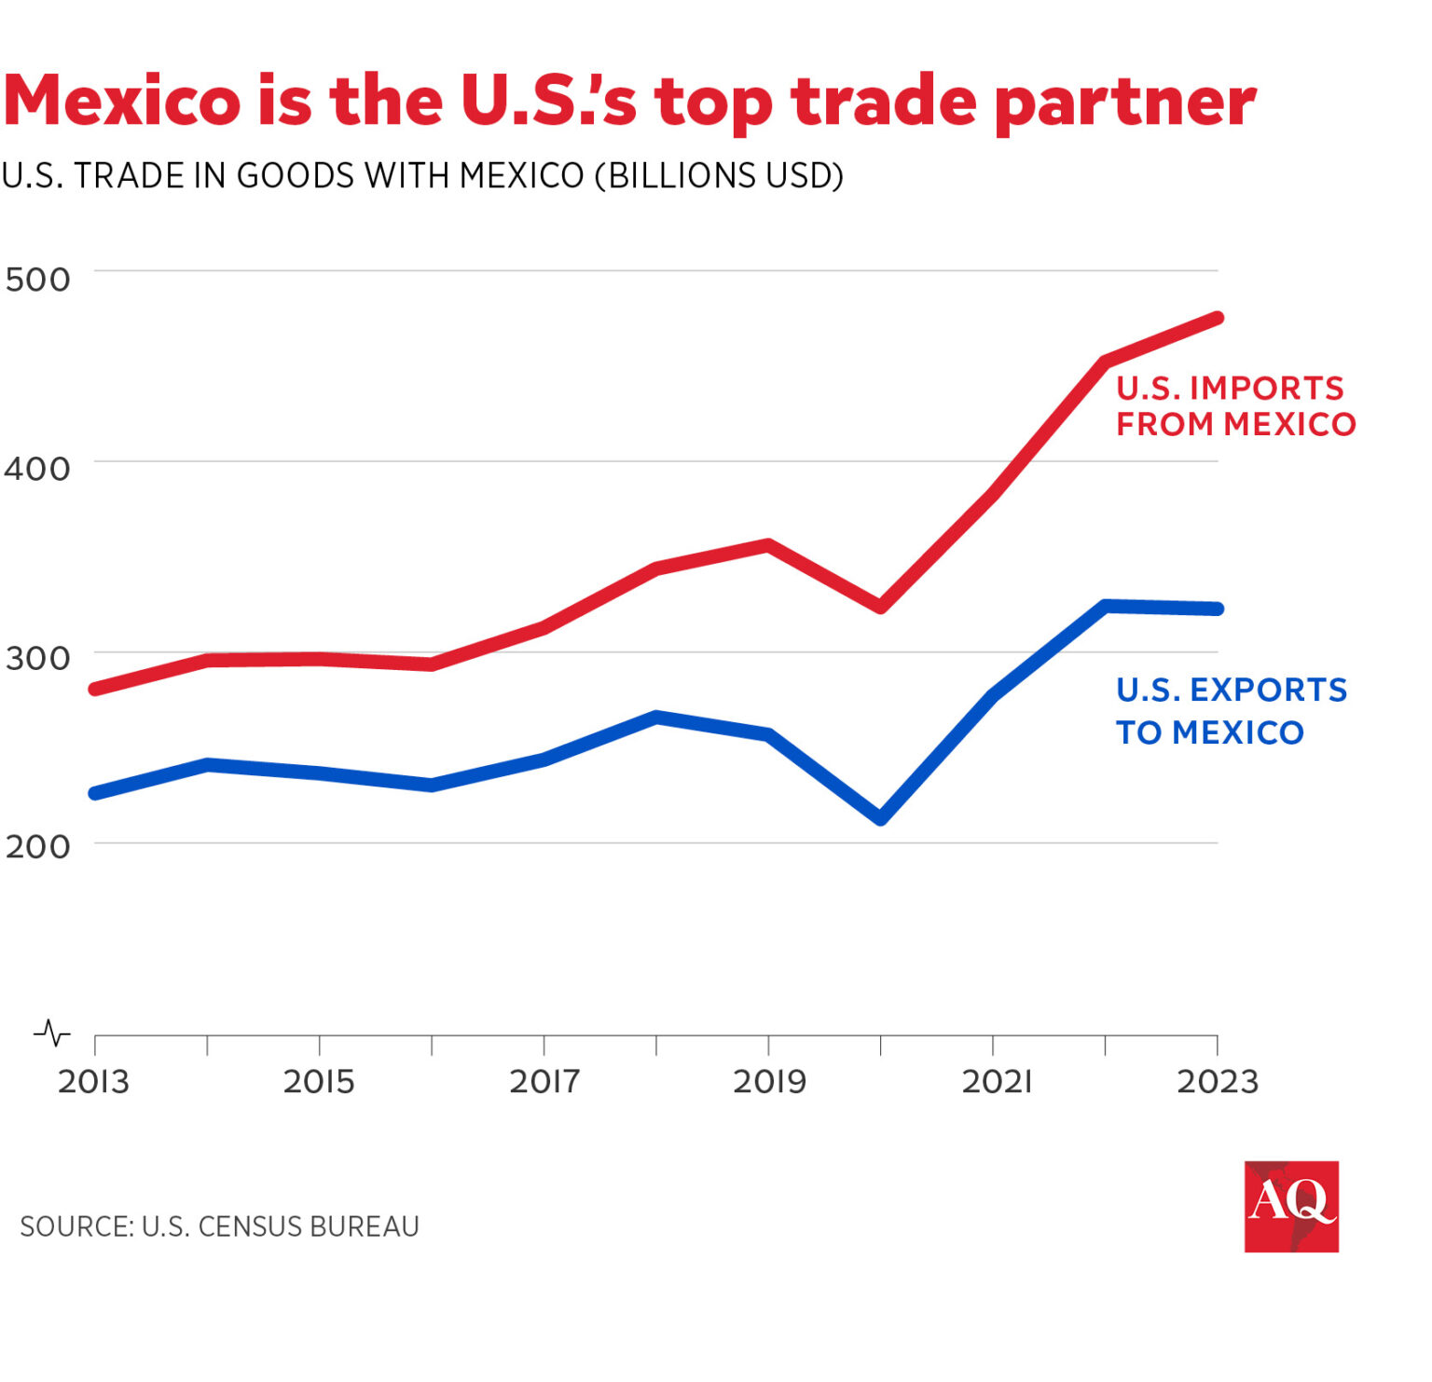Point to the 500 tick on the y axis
coord(37,280)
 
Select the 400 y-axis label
coord(37,469)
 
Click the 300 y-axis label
coord(37,659)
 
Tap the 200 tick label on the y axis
coord(37,847)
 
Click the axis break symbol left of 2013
coord(52,1033)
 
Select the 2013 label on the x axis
coord(93,1082)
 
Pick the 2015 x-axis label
coord(319,1082)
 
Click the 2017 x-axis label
coord(544,1082)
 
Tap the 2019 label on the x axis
coord(769,1082)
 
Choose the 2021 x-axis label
coord(996,1082)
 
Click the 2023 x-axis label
coord(1218,1082)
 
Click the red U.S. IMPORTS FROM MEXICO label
coord(1234,405)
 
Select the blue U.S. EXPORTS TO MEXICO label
coord(1231,711)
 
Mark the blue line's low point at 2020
coord(880,818)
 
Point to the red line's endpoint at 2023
coord(1217,319)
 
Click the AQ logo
coord(1291,1206)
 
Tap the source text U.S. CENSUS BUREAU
coord(280,1226)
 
